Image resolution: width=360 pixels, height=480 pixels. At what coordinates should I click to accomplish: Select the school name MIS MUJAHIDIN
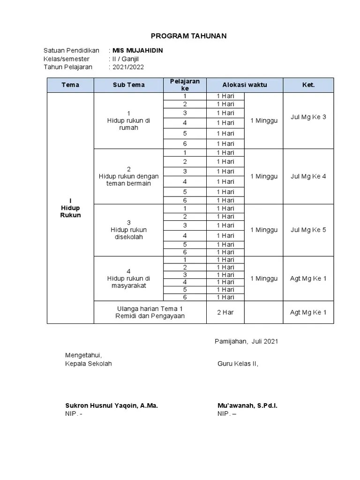(x=138, y=51)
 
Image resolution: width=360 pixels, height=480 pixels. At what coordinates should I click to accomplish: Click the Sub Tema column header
(x=128, y=85)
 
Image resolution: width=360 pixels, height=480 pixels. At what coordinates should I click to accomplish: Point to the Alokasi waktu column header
(x=244, y=85)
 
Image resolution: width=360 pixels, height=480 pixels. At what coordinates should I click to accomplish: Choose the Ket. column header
(x=308, y=85)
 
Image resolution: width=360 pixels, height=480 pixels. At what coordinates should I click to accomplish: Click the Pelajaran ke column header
(x=185, y=85)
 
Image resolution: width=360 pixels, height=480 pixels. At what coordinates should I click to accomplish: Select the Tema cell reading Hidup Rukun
(x=70, y=208)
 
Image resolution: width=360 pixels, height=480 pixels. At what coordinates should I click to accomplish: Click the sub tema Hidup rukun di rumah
(x=128, y=120)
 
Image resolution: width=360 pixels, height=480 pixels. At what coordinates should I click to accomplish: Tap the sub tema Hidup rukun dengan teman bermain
(x=128, y=176)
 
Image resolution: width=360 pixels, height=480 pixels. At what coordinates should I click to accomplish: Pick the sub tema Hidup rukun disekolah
(x=128, y=230)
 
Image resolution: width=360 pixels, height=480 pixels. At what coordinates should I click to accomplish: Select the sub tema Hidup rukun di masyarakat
(x=128, y=278)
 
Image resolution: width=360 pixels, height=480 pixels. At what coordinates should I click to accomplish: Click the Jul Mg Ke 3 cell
(x=308, y=117)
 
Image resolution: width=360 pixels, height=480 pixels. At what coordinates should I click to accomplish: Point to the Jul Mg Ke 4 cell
(x=308, y=176)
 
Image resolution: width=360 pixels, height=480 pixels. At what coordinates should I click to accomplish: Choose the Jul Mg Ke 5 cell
(x=308, y=230)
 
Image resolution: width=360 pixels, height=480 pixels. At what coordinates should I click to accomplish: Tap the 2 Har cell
(x=225, y=312)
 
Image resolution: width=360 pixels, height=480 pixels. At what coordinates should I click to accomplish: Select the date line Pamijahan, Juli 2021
(x=246, y=341)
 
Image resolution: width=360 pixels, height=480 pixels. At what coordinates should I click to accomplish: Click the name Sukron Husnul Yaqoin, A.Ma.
(x=111, y=405)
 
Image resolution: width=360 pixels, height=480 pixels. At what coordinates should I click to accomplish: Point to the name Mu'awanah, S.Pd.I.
(x=247, y=405)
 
